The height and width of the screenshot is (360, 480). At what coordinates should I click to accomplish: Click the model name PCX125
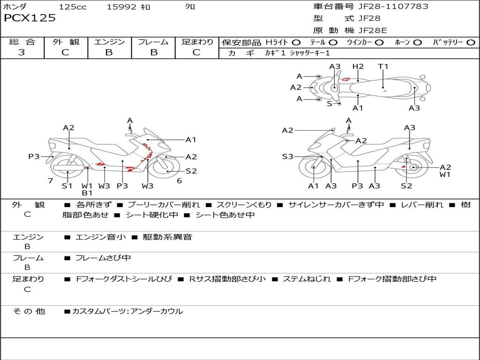tap(30, 18)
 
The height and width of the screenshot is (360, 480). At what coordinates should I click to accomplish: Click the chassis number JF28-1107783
tap(387, 7)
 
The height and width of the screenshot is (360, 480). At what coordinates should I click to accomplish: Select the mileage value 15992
tap(121, 7)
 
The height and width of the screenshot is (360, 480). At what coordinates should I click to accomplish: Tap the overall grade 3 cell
tap(22, 52)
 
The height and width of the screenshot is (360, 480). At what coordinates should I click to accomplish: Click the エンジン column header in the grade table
tap(109, 42)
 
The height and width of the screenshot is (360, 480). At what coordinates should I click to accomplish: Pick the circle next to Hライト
tap(296, 43)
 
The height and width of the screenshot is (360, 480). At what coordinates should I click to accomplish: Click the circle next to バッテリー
tap(471, 43)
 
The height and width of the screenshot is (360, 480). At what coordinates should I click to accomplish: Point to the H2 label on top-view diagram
tap(358, 67)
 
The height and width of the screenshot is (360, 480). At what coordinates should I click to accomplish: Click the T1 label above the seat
tap(383, 67)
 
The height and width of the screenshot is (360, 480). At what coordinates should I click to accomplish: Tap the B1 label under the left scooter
tap(87, 193)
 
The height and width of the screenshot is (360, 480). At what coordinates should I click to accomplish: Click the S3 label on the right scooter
tap(287, 157)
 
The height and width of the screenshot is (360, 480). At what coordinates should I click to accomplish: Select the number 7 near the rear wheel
tap(50, 181)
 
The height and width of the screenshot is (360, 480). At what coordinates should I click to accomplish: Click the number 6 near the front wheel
tap(179, 181)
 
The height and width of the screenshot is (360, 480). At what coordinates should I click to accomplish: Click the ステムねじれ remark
tap(307, 279)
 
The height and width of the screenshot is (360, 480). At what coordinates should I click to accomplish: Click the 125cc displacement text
tap(73, 7)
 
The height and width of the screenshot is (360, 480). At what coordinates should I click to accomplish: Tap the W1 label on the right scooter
tap(445, 175)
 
